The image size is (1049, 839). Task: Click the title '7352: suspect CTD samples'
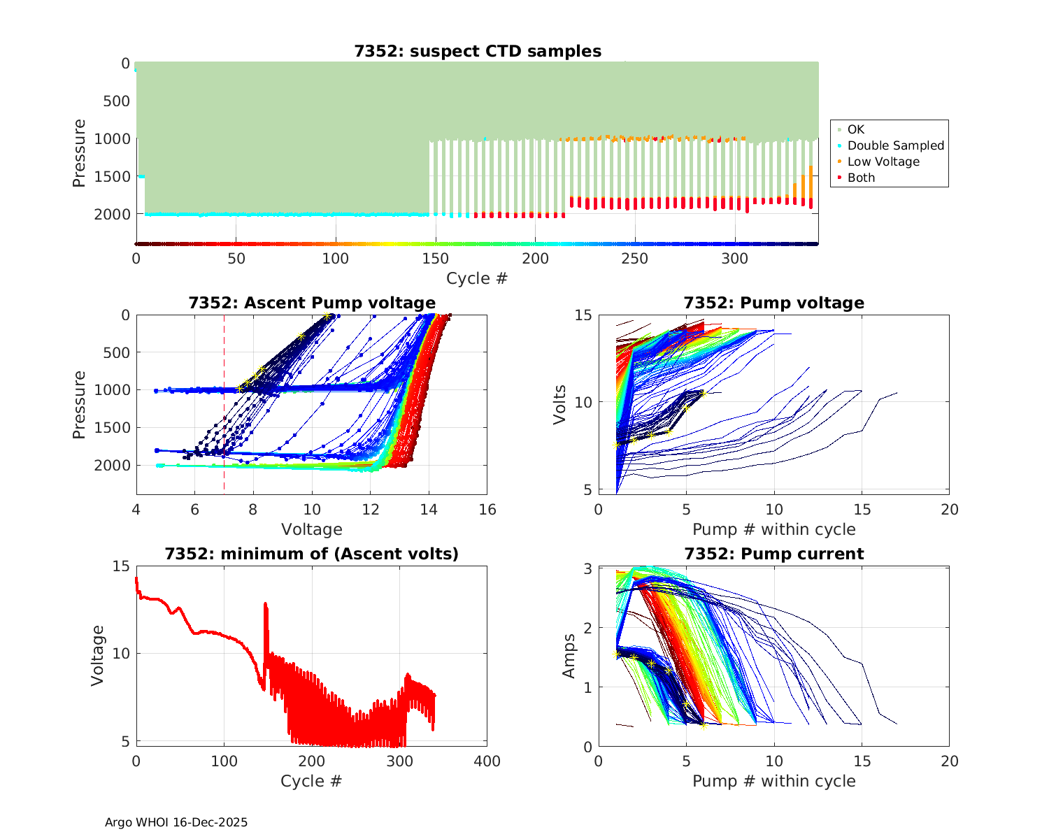coord(478,51)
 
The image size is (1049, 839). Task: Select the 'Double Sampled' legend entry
coord(895,145)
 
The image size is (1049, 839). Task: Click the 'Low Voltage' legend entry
coord(883,162)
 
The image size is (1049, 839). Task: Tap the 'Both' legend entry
coord(861,178)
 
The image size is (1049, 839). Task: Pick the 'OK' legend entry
coord(855,129)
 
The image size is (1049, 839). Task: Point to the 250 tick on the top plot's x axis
coord(636,259)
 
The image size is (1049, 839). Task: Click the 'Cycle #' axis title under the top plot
coord(477,278)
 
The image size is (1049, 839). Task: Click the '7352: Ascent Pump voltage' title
coord(312,303)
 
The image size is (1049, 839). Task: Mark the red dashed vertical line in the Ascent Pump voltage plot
coord(224,419)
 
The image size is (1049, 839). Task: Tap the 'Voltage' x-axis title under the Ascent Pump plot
coord(312,529)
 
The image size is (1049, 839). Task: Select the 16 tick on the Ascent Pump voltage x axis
coord(487,510)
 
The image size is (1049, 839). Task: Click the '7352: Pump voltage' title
coord(774,303)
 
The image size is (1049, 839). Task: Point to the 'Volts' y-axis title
coord(559,403)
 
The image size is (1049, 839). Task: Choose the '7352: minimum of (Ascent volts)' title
coord(312,554)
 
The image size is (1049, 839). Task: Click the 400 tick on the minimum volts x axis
coord(487,761)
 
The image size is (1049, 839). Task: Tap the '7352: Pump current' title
coord(774,554)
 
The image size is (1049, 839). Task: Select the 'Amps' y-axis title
coord(569,656)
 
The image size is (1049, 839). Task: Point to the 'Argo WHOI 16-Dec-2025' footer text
coord(176,822)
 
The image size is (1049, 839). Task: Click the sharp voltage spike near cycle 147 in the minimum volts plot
coord(265,604)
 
